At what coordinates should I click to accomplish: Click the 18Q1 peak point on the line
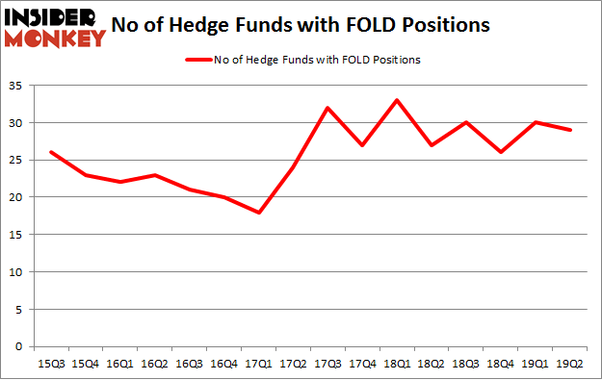point(396,100)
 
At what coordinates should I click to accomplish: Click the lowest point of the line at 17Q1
point(259,212)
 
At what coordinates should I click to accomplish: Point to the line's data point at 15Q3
point(51,152)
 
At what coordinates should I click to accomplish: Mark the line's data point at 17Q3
point(327,108)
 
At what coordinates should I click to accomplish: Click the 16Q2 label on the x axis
point(154,364)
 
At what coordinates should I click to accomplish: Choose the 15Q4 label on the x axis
point(86,364)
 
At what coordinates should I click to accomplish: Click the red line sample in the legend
point(198,60)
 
